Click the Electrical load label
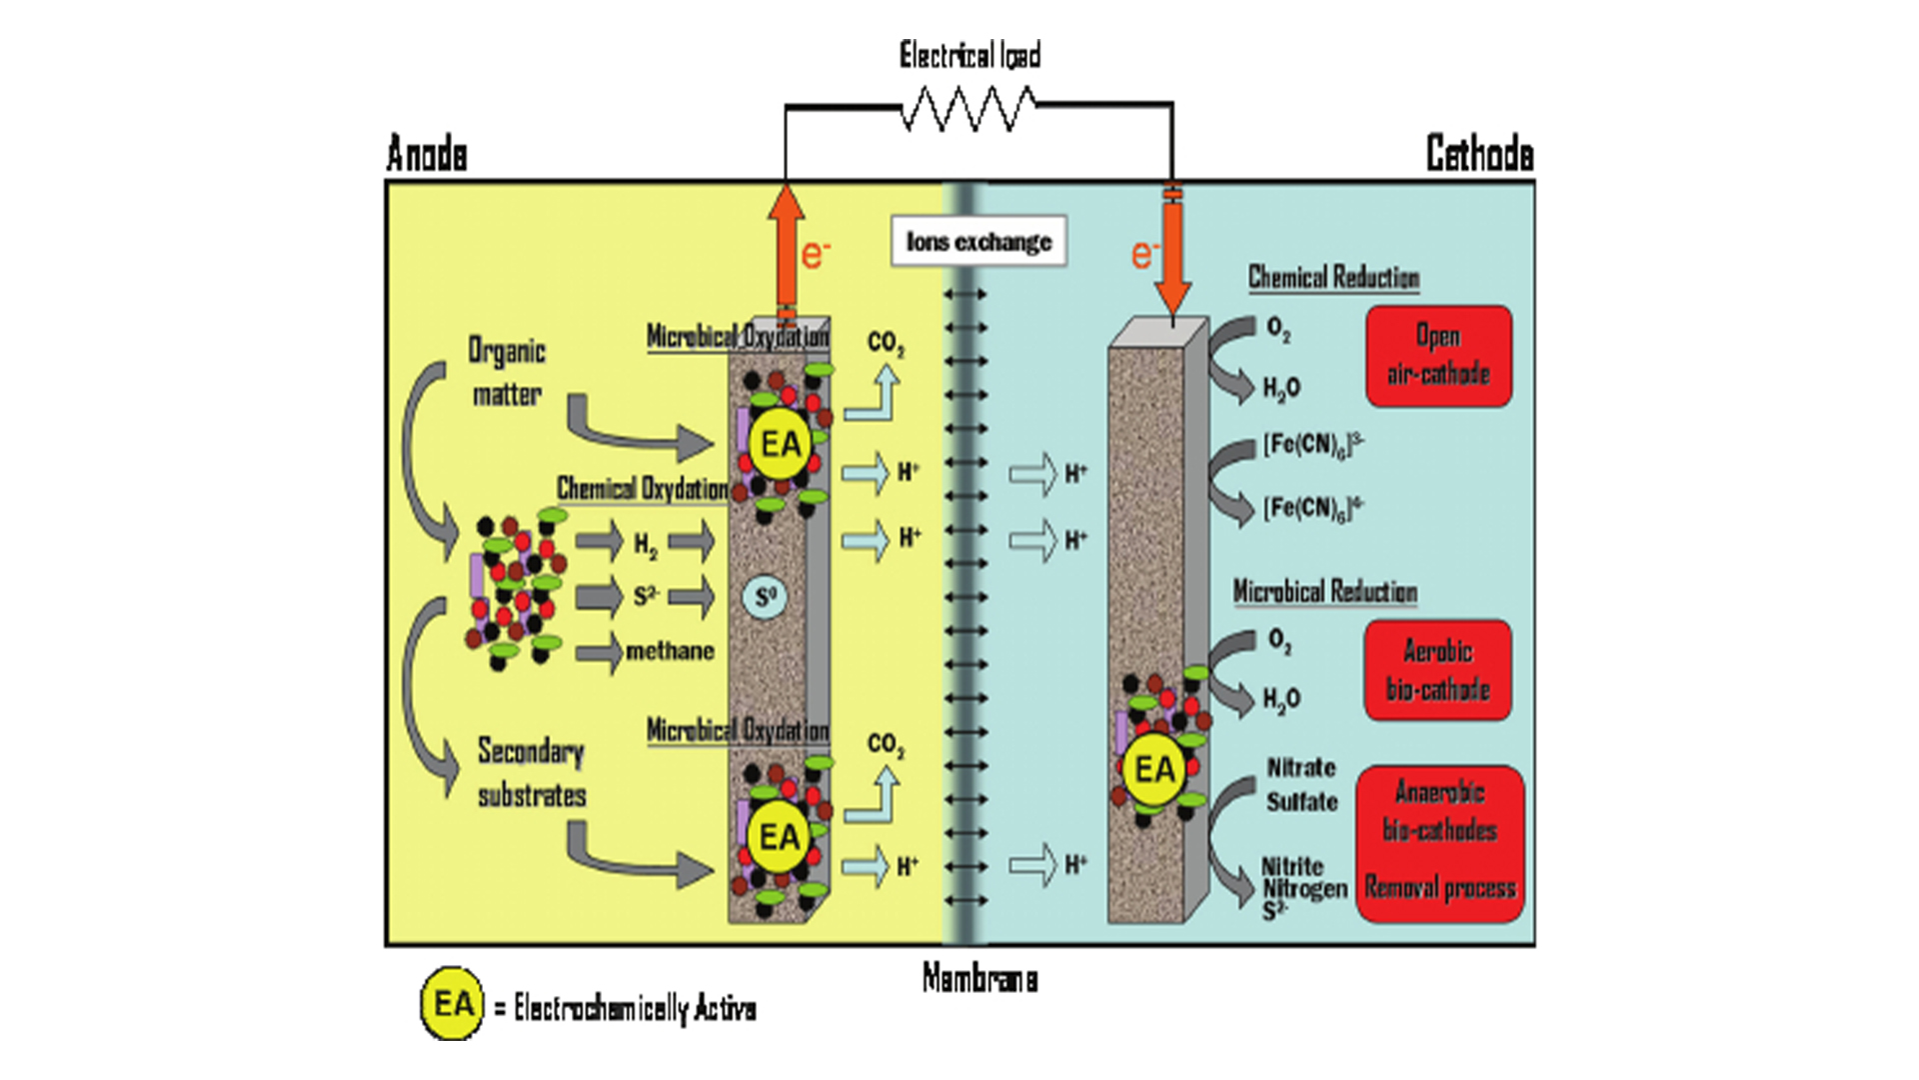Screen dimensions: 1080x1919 (969, 55)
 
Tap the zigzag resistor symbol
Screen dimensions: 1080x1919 (968, 108)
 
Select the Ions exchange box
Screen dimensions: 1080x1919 (978, 242)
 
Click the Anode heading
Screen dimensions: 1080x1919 (427, 154)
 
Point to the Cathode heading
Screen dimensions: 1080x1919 (1479, 154)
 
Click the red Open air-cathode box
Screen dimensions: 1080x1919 (1438, 356)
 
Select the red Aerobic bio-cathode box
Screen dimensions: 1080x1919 (1437, 670)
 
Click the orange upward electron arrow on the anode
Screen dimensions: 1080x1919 (787, 250)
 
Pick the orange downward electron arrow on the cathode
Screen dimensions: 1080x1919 (1171, 255)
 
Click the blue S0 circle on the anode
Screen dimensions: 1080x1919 (766, 598)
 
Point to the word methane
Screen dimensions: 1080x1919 (670, 651)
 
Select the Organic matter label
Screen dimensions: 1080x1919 (507, 372)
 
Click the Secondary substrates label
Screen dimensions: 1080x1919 (531, 773)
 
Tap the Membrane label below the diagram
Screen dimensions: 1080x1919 (979, 978)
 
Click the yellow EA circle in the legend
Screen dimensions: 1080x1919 (452, 1003)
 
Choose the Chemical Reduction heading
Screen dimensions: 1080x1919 (1333, 278)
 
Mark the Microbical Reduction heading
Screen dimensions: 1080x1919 (1324, 592)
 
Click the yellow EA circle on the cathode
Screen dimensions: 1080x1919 (1155, 769)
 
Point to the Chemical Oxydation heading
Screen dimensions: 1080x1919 (642, 489)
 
